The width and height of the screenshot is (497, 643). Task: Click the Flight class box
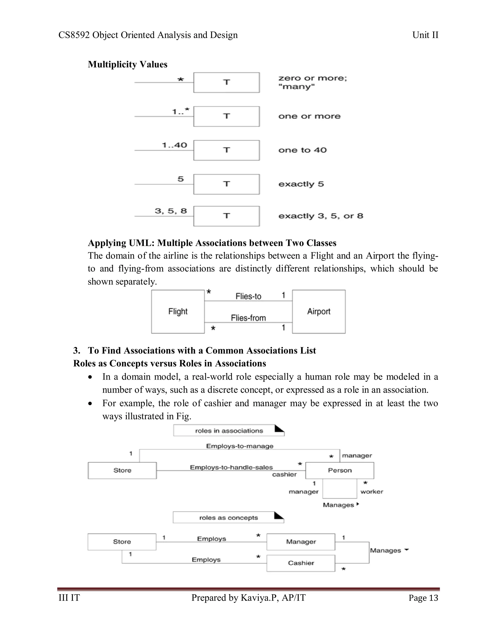[x=178, y=312]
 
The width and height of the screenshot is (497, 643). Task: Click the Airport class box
[x=319, y=312]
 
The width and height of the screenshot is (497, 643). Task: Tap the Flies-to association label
[x=248, y=296]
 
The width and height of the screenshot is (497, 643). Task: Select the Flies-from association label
[x=248, y=318]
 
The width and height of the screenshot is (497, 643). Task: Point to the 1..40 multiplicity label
[x=174, y=145]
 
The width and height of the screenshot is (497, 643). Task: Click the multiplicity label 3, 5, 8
[x=171, y=211]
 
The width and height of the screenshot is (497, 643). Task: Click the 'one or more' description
[x=309, y=116]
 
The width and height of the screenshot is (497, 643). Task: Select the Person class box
[x=340, y=470]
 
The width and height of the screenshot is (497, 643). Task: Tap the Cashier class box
[x=301, y=563]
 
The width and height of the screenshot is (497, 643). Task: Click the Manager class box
[x=301, y=542]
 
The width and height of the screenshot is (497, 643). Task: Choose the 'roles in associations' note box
[x=229, y=431]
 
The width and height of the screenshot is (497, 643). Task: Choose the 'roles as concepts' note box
[x=228, y=518]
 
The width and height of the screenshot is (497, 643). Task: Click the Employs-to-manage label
[x=240, y=446]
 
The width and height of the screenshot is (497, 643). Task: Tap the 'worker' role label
[x=372, y=492]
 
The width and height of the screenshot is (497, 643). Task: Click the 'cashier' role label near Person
[x=284, y=474]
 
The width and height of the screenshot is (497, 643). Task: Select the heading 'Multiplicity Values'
[x=127, y=64]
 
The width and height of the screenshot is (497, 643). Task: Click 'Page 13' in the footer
[x=423, y=598]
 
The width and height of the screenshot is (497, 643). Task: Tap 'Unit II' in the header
[x=425, y=35]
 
